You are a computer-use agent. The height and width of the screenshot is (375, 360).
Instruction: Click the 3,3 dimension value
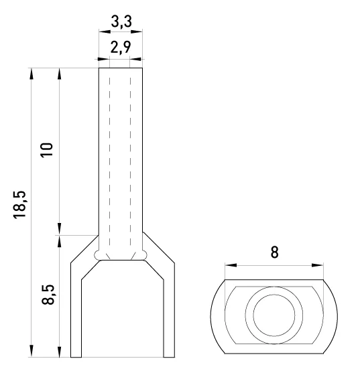(x=121, y=21)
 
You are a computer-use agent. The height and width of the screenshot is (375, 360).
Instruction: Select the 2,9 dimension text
(x=121, y=47)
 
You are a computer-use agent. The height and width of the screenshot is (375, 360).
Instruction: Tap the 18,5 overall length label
(x=19, y=204)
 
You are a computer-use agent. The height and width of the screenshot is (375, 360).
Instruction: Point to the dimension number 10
(x=47, y=150)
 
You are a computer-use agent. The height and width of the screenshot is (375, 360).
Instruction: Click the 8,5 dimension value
(x=48, y=295)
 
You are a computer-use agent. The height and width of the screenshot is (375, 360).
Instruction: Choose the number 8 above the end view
(x=275, y=252)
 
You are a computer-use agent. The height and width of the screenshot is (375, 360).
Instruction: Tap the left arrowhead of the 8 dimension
(x=231, y=265)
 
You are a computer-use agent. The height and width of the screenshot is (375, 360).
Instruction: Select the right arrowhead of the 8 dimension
(x=317, y=265)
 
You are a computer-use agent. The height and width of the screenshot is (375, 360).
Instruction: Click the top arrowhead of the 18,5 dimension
(x=32, y=74)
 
